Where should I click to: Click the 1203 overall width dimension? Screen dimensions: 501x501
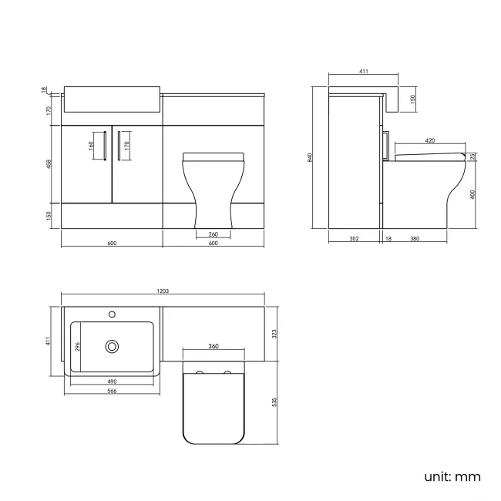pos(163,291)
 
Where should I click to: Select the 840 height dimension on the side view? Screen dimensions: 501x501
pos(311,157)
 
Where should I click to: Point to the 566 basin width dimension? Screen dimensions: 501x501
pos(111,391)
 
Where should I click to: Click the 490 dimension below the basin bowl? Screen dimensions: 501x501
pos(111,382)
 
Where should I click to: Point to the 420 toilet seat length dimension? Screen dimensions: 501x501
pos(430,141)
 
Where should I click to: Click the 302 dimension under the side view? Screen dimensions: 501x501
pos(354,239)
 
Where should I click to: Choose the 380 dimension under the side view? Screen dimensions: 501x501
pos(414,239)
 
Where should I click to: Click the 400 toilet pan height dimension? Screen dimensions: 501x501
pos(474,193)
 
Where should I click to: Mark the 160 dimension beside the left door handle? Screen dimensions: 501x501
pos(91,143)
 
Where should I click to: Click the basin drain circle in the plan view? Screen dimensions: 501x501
pos(113,347)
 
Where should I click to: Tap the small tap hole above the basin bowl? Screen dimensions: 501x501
pos(113,314)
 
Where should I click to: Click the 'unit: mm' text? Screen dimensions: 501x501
pos(452,476)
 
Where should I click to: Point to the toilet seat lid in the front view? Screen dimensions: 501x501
pos(214,156)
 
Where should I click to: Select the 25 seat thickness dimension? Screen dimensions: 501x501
pos(474,157)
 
